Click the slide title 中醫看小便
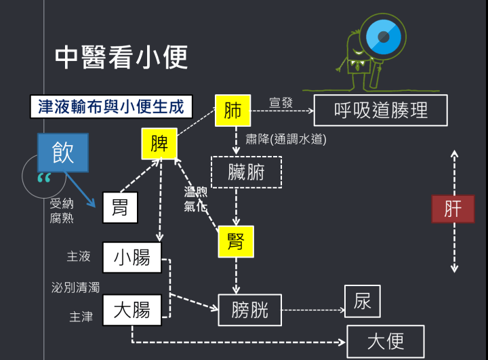(121, 58)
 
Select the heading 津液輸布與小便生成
(111, 106)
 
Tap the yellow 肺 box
(232, 111)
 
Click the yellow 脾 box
(159, 144)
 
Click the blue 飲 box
(62, 152)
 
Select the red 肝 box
(453, 208)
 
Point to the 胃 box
(120, 207)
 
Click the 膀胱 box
(249, 311)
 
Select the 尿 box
(363, 301)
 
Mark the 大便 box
(385, 341)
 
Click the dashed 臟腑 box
(237, 172)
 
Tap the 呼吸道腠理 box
(381, 111)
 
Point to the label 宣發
(281, 102)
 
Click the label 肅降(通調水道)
(285, 139)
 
